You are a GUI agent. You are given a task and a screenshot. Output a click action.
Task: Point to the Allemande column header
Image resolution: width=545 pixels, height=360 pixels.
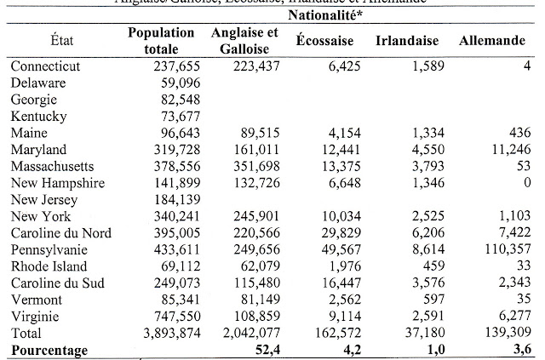[x=492, y=41]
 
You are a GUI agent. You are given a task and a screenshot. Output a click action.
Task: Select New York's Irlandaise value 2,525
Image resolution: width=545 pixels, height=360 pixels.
[x=422, y=215]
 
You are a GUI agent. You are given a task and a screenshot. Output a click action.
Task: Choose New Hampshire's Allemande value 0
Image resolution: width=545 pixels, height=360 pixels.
[x=527, y=182]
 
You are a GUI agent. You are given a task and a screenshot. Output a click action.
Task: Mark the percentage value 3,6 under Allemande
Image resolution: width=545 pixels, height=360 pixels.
[x=519, y=349]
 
